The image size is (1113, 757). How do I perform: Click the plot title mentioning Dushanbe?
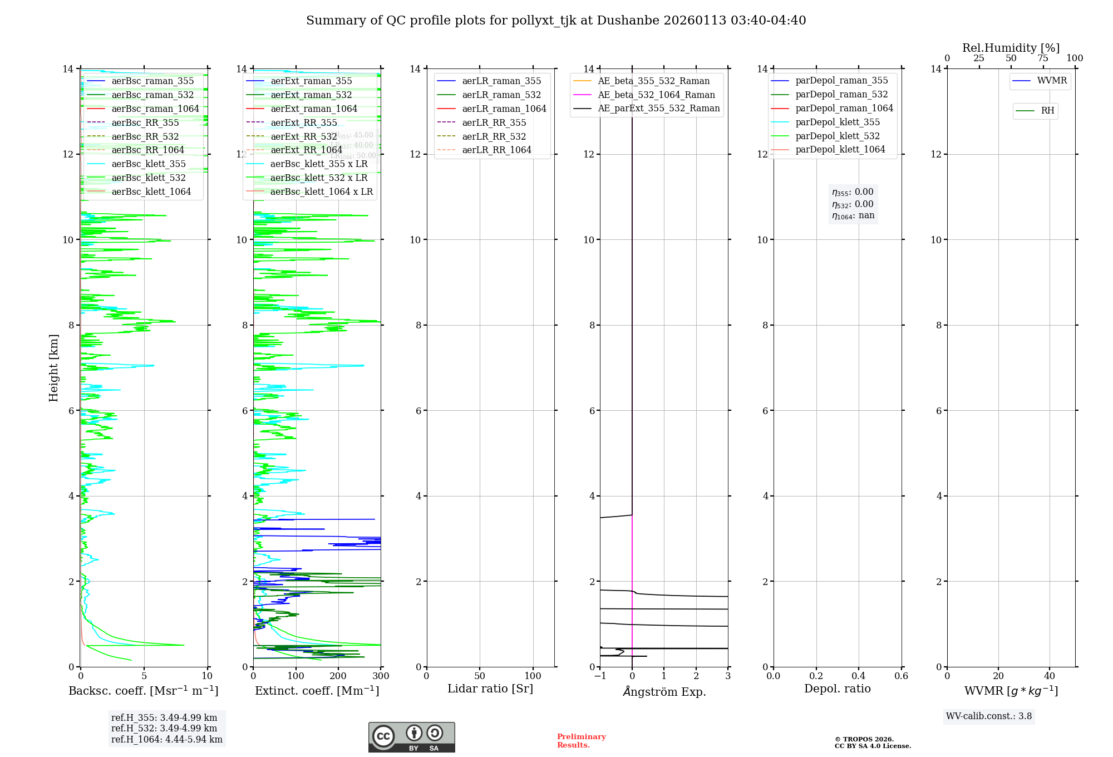coord(556,21)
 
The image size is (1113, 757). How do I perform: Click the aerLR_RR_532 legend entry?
coord(494,136)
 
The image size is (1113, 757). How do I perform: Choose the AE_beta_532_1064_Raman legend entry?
coord(656,95)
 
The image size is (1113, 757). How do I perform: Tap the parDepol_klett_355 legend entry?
coord(838,122)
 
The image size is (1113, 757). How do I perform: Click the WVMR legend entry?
coord(1051,81)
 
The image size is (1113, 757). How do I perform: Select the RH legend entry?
coord(1047,111)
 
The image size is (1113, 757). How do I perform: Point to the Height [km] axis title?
coord(53,367)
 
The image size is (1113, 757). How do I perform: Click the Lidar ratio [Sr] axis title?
coord(490,689)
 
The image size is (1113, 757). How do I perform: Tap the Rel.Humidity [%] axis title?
coord(1011,48)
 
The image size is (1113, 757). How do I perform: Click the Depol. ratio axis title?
coord(837,689)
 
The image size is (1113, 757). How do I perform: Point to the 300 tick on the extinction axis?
coord(381,676)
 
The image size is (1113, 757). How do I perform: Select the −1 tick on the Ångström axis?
coord(600,676)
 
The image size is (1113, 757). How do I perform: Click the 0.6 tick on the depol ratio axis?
coord(901,676)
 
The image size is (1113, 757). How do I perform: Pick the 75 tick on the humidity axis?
coord(1043,58)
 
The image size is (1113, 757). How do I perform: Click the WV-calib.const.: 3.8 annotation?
coord(989,716)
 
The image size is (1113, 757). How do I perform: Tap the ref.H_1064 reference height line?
coord(166,740)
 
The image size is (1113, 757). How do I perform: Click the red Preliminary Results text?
coord(581,741)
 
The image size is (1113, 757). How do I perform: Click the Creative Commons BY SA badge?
coord(411,738)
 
